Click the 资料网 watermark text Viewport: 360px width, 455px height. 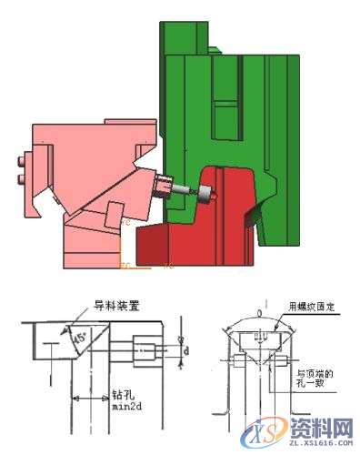coord(319,426)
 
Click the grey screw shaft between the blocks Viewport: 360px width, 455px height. coord(187,191)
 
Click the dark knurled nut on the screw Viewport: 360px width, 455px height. coord(165,189)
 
